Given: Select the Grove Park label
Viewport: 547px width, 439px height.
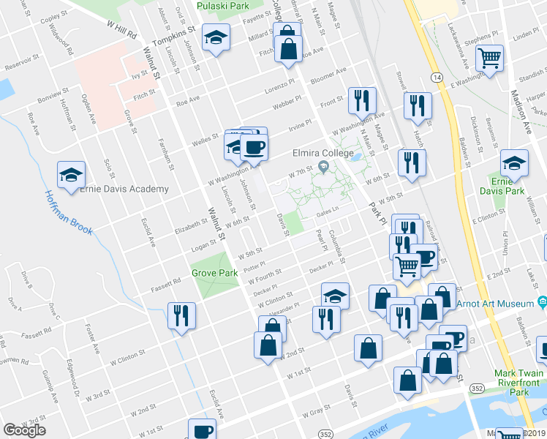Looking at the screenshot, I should pos(215,273).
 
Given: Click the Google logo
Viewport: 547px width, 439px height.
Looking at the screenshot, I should pos(24,430).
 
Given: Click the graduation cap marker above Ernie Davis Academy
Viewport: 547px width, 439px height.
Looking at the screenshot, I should pos(72,174).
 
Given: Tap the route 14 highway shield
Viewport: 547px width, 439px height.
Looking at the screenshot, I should pos(436,76).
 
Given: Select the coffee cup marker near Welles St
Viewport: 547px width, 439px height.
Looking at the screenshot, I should pos(254,147).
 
